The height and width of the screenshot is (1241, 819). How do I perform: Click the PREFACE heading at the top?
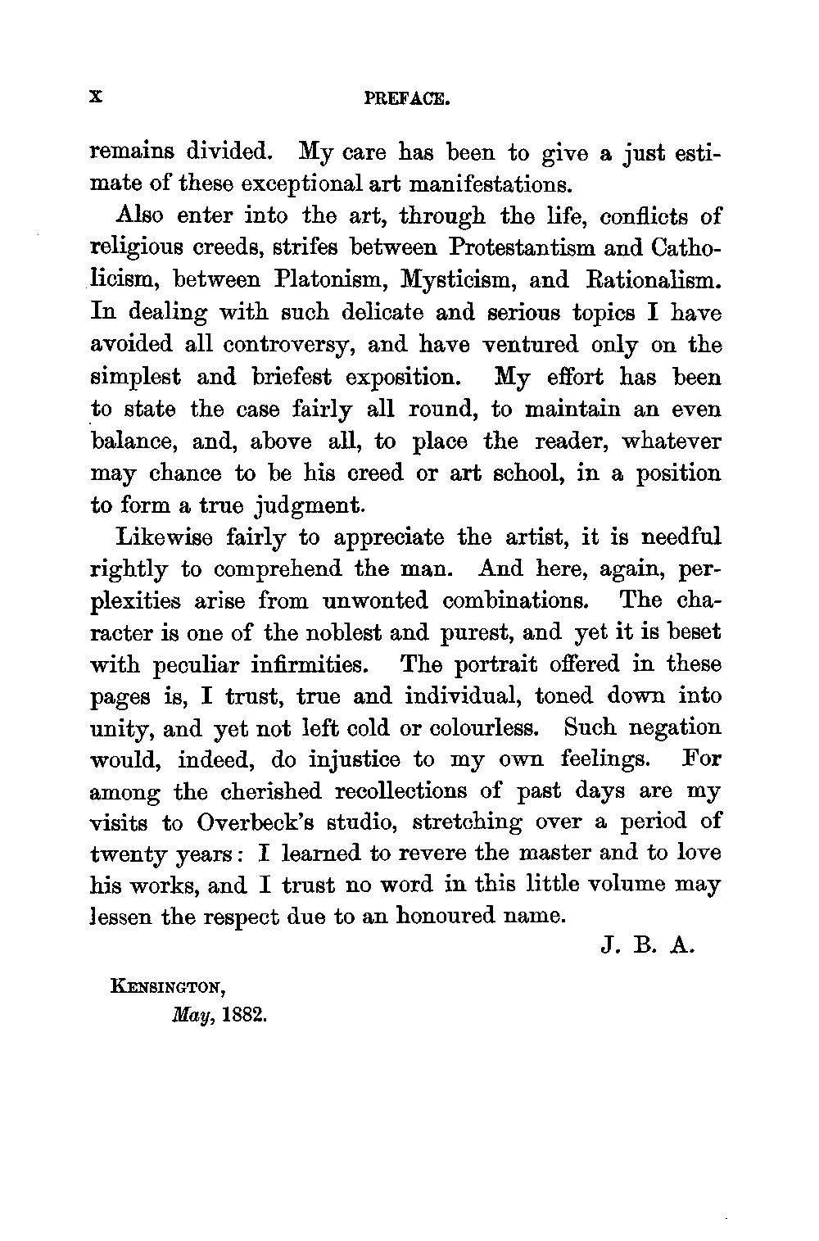(407, 101)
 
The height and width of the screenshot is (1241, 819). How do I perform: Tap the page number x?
(97, 97)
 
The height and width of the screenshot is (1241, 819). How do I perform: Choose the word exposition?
(406, 378)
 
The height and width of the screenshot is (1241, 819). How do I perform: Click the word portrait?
(505, 664)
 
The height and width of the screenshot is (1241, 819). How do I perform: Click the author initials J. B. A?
(647, 950)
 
